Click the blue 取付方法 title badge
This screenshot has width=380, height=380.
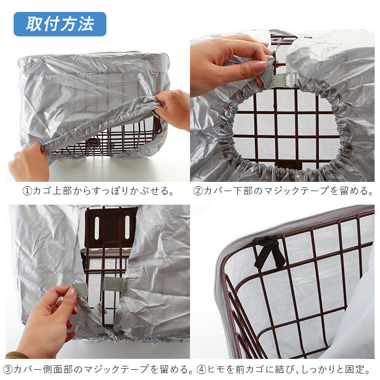pyautogui.click(x=60, y=24)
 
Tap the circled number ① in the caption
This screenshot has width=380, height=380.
pyautogui.click(x=27, y=191)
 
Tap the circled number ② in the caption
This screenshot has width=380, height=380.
pyautogui.click(x=198, y=191)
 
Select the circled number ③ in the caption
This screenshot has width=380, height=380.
pyautogui.click(x=8, y=369)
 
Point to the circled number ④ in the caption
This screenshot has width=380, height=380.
pyautogui.click(x=201, y=369)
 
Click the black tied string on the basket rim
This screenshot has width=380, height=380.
pyautogui.click(x=269, y=252)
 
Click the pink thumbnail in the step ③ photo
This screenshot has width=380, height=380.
pyautogui.click(x=71, y=292)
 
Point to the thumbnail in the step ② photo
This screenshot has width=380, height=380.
pyautogui.click(x=259, y=66)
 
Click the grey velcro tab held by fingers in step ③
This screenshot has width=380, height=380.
pyautogui.click(x=80, y=289)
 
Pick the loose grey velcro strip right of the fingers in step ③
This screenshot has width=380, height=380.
pyautogui.click(x=113, y=284)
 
